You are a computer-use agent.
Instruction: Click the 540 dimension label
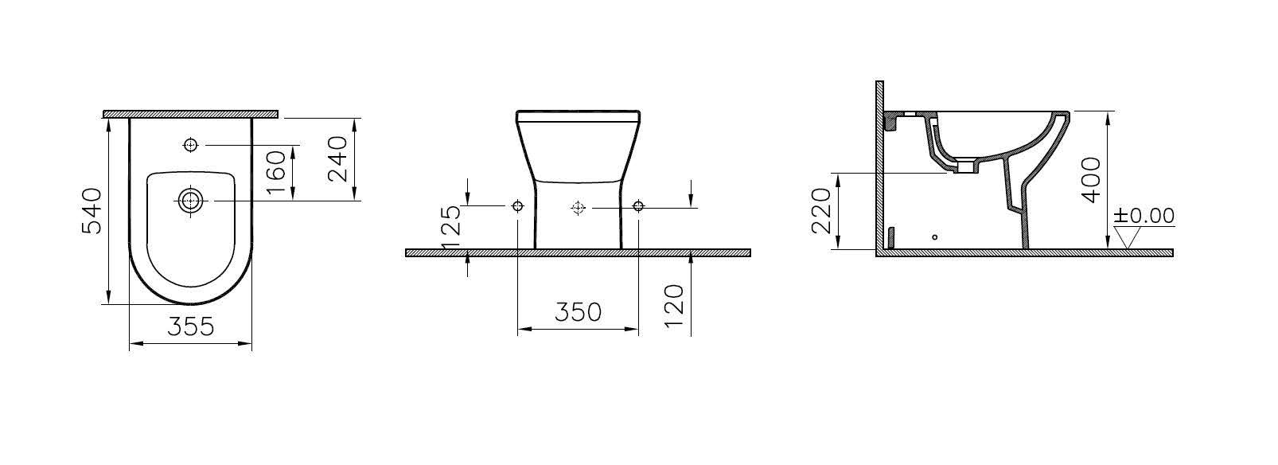point(92,210)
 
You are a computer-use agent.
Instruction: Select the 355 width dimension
point(191,327)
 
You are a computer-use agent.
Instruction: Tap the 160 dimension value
point(276,172)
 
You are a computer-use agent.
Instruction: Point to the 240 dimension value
point(337,158)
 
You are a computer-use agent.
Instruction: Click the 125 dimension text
point(451,227)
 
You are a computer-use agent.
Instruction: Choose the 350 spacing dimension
point(578,312)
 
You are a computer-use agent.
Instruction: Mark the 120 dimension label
point(674,306)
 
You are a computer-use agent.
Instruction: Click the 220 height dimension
point(821,210)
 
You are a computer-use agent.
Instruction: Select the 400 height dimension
point(1092,180)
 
